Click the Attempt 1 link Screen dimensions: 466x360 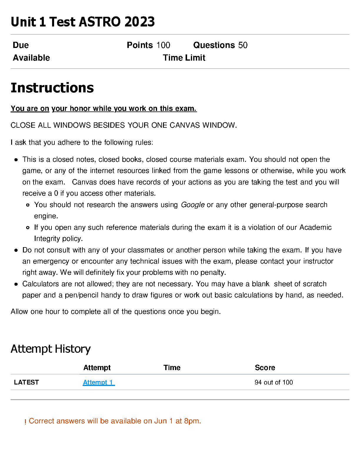[x=99, y=382]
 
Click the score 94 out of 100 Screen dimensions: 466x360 [x=274, y=382]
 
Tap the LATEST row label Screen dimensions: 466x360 [x=26, y=382]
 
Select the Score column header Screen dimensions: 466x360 [x=265, y=367]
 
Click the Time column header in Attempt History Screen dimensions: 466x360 [x=172, y=367]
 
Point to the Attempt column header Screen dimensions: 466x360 [x=97, y=367]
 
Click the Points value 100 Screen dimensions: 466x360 [x=163, y=45]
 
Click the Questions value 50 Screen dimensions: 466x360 [x=243, y=45]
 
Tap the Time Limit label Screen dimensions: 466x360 [x=184, y=58]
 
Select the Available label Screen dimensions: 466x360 [x=31, y=58]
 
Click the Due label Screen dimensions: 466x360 [x=21, y=45]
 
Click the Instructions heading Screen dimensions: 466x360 [x=52, y=88]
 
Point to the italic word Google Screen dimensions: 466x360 [x=193, y=205]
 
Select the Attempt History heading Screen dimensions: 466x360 [x=51, y=349]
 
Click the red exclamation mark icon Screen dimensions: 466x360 [x=25, y=422]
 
